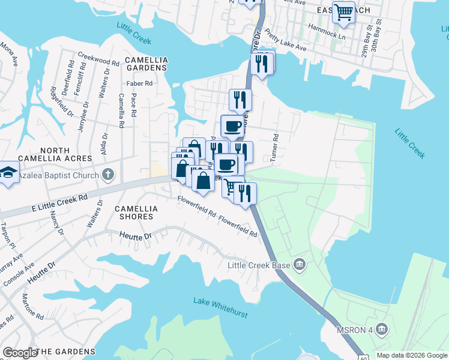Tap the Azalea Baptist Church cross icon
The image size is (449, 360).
(x=108, y=175)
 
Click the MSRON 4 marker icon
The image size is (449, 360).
(x=382, y=329)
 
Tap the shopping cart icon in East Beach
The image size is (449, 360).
(x=343, y=12)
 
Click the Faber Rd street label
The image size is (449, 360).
(x=139, y=83)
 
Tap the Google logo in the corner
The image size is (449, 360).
(x=20, y=352)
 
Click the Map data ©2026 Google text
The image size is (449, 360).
(x=412, y=355)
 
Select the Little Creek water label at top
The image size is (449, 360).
(x=134, y=33)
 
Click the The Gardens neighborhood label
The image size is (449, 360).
(x=65, y=352)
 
